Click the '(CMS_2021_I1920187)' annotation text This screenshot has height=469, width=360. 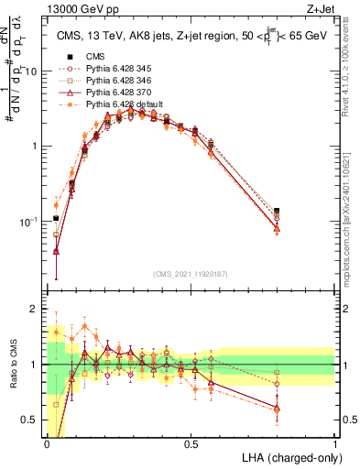click(x=191, y=274)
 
